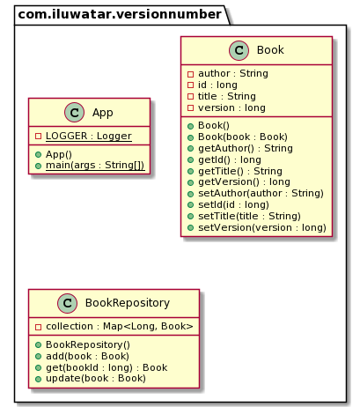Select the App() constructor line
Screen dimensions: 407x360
[x=64, y=154]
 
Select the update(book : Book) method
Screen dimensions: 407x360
[x=95, y=378]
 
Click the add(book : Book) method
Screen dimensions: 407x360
[x=88, y=356]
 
